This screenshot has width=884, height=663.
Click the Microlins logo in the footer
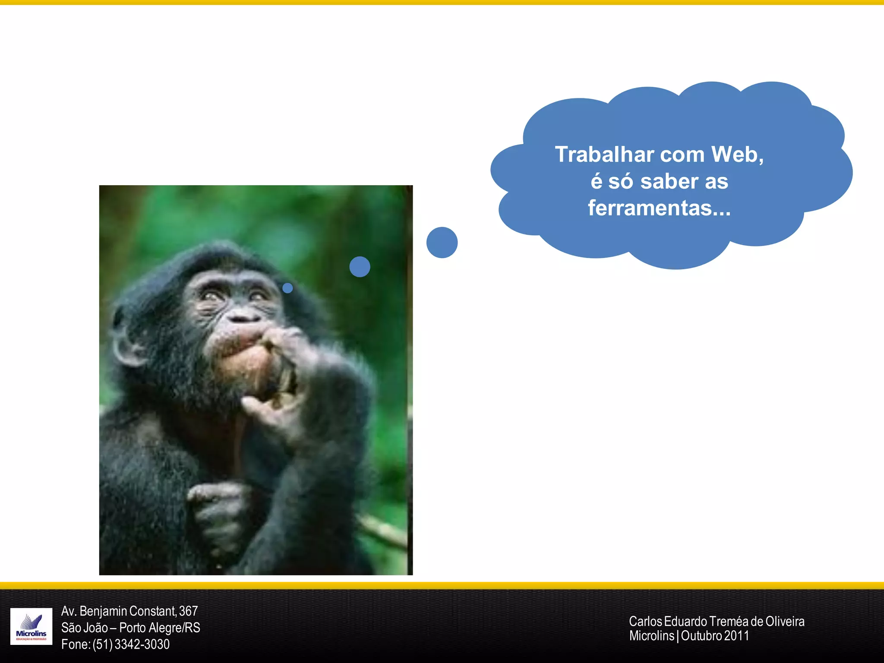point(31,626)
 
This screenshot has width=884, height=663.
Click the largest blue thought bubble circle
point(442,243)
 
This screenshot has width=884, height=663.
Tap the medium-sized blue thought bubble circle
point(360,267)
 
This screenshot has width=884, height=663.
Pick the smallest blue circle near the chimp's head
point(287,288)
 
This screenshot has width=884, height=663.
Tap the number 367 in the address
point(188,611)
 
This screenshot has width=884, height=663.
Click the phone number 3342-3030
point(142,644)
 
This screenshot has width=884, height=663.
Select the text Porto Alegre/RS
point(160,628)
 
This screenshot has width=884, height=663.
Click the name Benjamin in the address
point(104,611)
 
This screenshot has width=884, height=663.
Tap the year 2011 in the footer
point(736,636)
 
